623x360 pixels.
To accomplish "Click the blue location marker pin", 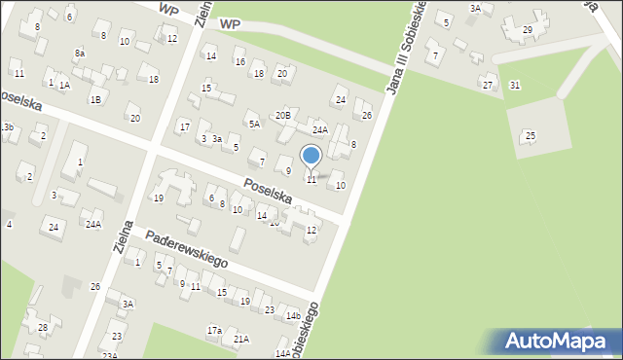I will pyautogui.click(x=311, y=156).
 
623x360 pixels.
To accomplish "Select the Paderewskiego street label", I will pyautogui.click(x=186, y=249).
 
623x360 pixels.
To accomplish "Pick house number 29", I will pyautogui.click(x=528, y=29).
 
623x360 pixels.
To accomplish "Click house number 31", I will pyautogui.click(x=514, y=86).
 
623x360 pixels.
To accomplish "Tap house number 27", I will pyautogui.click(x=488, y=85).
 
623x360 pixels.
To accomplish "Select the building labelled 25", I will pyautogui.click(x=530, y=135).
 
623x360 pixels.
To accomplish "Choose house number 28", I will pyautogui.click(x=43, y=327).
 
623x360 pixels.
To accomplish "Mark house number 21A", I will pyautogui.click(x=240, y=339).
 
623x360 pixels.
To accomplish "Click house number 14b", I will pyautogui.click(x=293, y=315).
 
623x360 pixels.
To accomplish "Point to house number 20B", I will pyautogui.click(x=282, y=115).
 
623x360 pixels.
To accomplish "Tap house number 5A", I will pyautogui.click(x=254, y=124).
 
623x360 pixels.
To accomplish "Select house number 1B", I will pyautogui.click(x=95, y=99).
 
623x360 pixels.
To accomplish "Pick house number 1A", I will pyautogui.click(x=64, y=86).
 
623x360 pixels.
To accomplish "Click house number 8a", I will pyautogui.click(x=79, y=53).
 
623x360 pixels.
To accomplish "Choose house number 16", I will pyautogui.click(x=239, y=62).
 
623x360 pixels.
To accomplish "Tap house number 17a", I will pyautogui.click(x=214, y=331).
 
